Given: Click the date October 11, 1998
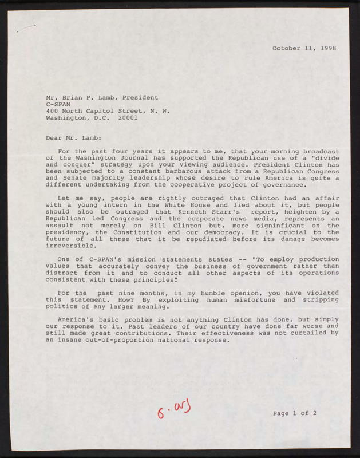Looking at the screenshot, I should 304,48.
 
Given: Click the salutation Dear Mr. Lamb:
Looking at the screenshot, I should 74,137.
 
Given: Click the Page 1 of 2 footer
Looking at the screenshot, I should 294,413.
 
